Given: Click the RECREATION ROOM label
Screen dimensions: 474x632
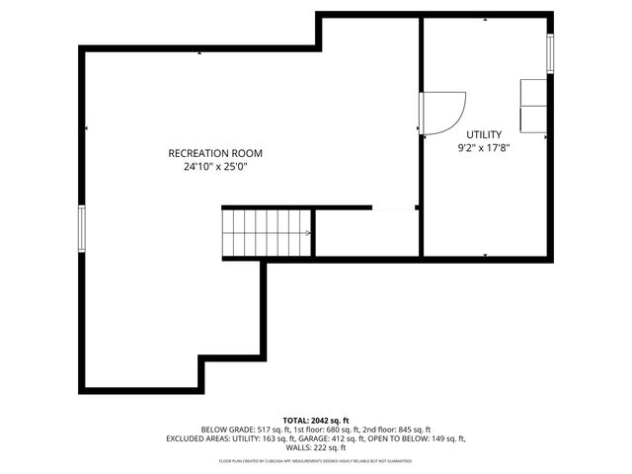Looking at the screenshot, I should point(215,153).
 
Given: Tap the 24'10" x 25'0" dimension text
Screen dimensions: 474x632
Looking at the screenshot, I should point(215,167).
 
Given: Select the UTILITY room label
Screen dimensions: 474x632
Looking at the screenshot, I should point(484,134).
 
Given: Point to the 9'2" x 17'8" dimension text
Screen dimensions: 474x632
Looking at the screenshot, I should point(484,148).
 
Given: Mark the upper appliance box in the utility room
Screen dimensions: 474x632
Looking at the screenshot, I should point(534,92).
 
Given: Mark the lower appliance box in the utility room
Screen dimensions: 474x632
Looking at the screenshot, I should point(534,118).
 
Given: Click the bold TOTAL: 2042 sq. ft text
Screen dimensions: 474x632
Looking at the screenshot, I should point(316,420).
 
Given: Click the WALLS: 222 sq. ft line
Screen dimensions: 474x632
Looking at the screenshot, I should point(316,447).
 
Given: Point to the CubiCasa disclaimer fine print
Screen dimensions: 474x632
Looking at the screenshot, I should point(316,461).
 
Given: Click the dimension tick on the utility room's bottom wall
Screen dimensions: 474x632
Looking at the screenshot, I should point(485,256).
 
